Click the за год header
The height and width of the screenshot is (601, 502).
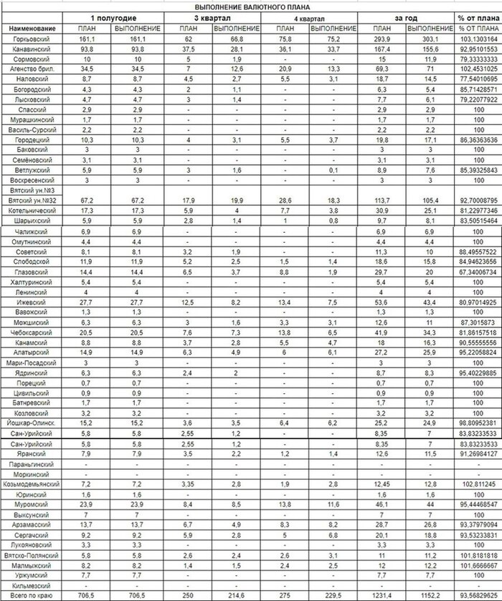tap(407, 17)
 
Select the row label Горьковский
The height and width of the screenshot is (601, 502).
tap(30, 39)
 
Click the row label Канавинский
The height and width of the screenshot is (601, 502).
tap(30, 49)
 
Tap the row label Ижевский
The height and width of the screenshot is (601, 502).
tap(30, 303)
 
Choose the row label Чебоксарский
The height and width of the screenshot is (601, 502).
tap(30, 333)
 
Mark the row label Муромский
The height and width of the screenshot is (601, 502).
tap(30, 505)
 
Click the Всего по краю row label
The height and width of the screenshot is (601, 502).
tap(30, 595)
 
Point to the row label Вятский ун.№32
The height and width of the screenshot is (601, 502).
tap(30, 202)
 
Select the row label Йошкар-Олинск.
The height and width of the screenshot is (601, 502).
tap(30, 424)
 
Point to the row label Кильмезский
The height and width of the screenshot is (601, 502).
tap(30, 585)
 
